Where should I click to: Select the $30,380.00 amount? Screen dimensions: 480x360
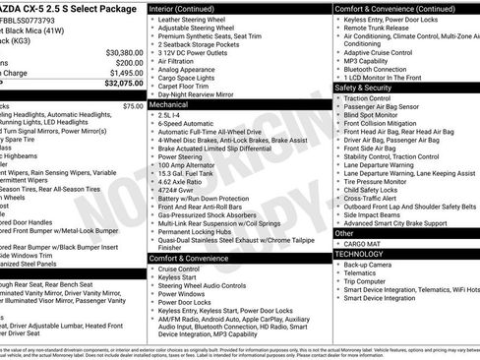[122, 51]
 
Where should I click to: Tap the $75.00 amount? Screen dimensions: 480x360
[133, 105]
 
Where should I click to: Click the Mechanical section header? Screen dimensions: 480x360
[169, 103]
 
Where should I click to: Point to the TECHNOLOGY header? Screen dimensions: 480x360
[360, 254]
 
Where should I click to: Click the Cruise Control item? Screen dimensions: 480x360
[179, 269]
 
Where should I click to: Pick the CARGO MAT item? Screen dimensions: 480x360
[363, 243]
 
